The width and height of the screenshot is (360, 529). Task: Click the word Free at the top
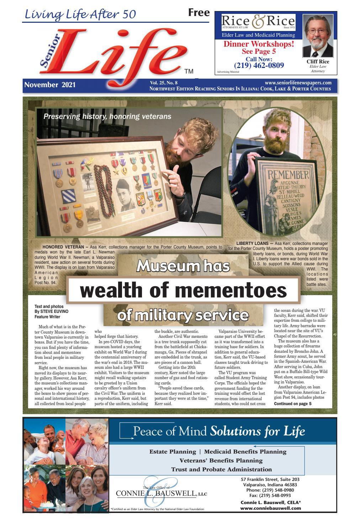[x=198, y=13]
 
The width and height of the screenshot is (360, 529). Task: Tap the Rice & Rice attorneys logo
[x=258, y=22]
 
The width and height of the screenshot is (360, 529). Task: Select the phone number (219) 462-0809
[x=259, y=65]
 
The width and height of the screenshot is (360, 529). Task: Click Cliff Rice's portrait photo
[x=317, y=36]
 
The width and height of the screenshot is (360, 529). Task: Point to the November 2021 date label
[x=50, y=85]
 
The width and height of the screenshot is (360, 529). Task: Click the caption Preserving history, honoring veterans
[x=107, y=116]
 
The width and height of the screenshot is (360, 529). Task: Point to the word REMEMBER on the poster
[x=288, y=175]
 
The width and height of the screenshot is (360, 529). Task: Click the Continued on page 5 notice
[x=292, y=404]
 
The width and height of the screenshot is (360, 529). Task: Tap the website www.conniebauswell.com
[x=270, y=508]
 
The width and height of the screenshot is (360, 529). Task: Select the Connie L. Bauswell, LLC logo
[x=161, y=493]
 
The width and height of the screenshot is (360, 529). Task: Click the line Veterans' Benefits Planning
[x=221, y=460]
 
